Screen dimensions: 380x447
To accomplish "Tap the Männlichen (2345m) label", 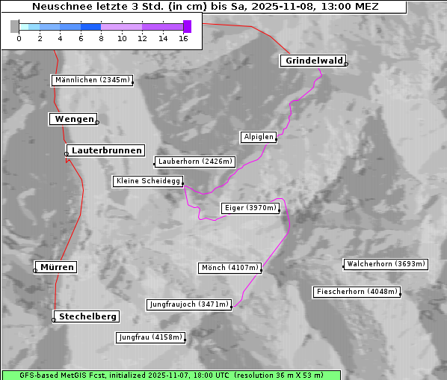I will pyautogui.click(x=92, y=80).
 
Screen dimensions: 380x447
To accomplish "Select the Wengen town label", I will pyautogui.click(x=73, y=119).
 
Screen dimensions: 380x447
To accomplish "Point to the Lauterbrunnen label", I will pyautogui.click(x=106, y=150).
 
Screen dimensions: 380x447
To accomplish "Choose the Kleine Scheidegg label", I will pyautogui.click(x=148, y=181).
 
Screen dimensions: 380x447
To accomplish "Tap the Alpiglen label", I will pyautogui.click(x=259, y=137).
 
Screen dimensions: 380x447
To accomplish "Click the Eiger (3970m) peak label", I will pyautogui.click(x=250, y=208).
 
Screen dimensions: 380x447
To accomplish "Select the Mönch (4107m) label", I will pyautogui.click(x=230, y=268).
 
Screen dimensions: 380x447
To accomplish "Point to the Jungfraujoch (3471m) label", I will pyautogui.click(x=189, y=304).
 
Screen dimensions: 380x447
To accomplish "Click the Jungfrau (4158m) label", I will pyautogui.click(x=150, y=337).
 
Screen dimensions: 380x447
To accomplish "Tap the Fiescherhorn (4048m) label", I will pyautogui.click(x=357, y=292).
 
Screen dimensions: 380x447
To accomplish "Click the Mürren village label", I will pyautogui.click(x=57, y=267).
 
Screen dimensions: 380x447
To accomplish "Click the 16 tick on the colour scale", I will pyautogui.click(x=184, y=38).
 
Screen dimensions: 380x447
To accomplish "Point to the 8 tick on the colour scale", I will pyautogui.click(x=101, y=38).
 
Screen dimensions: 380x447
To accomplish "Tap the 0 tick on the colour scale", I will pyautogui.click(x=19, y=38).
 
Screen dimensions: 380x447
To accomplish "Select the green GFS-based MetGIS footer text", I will pyautogui.click(x=171, y=375).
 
